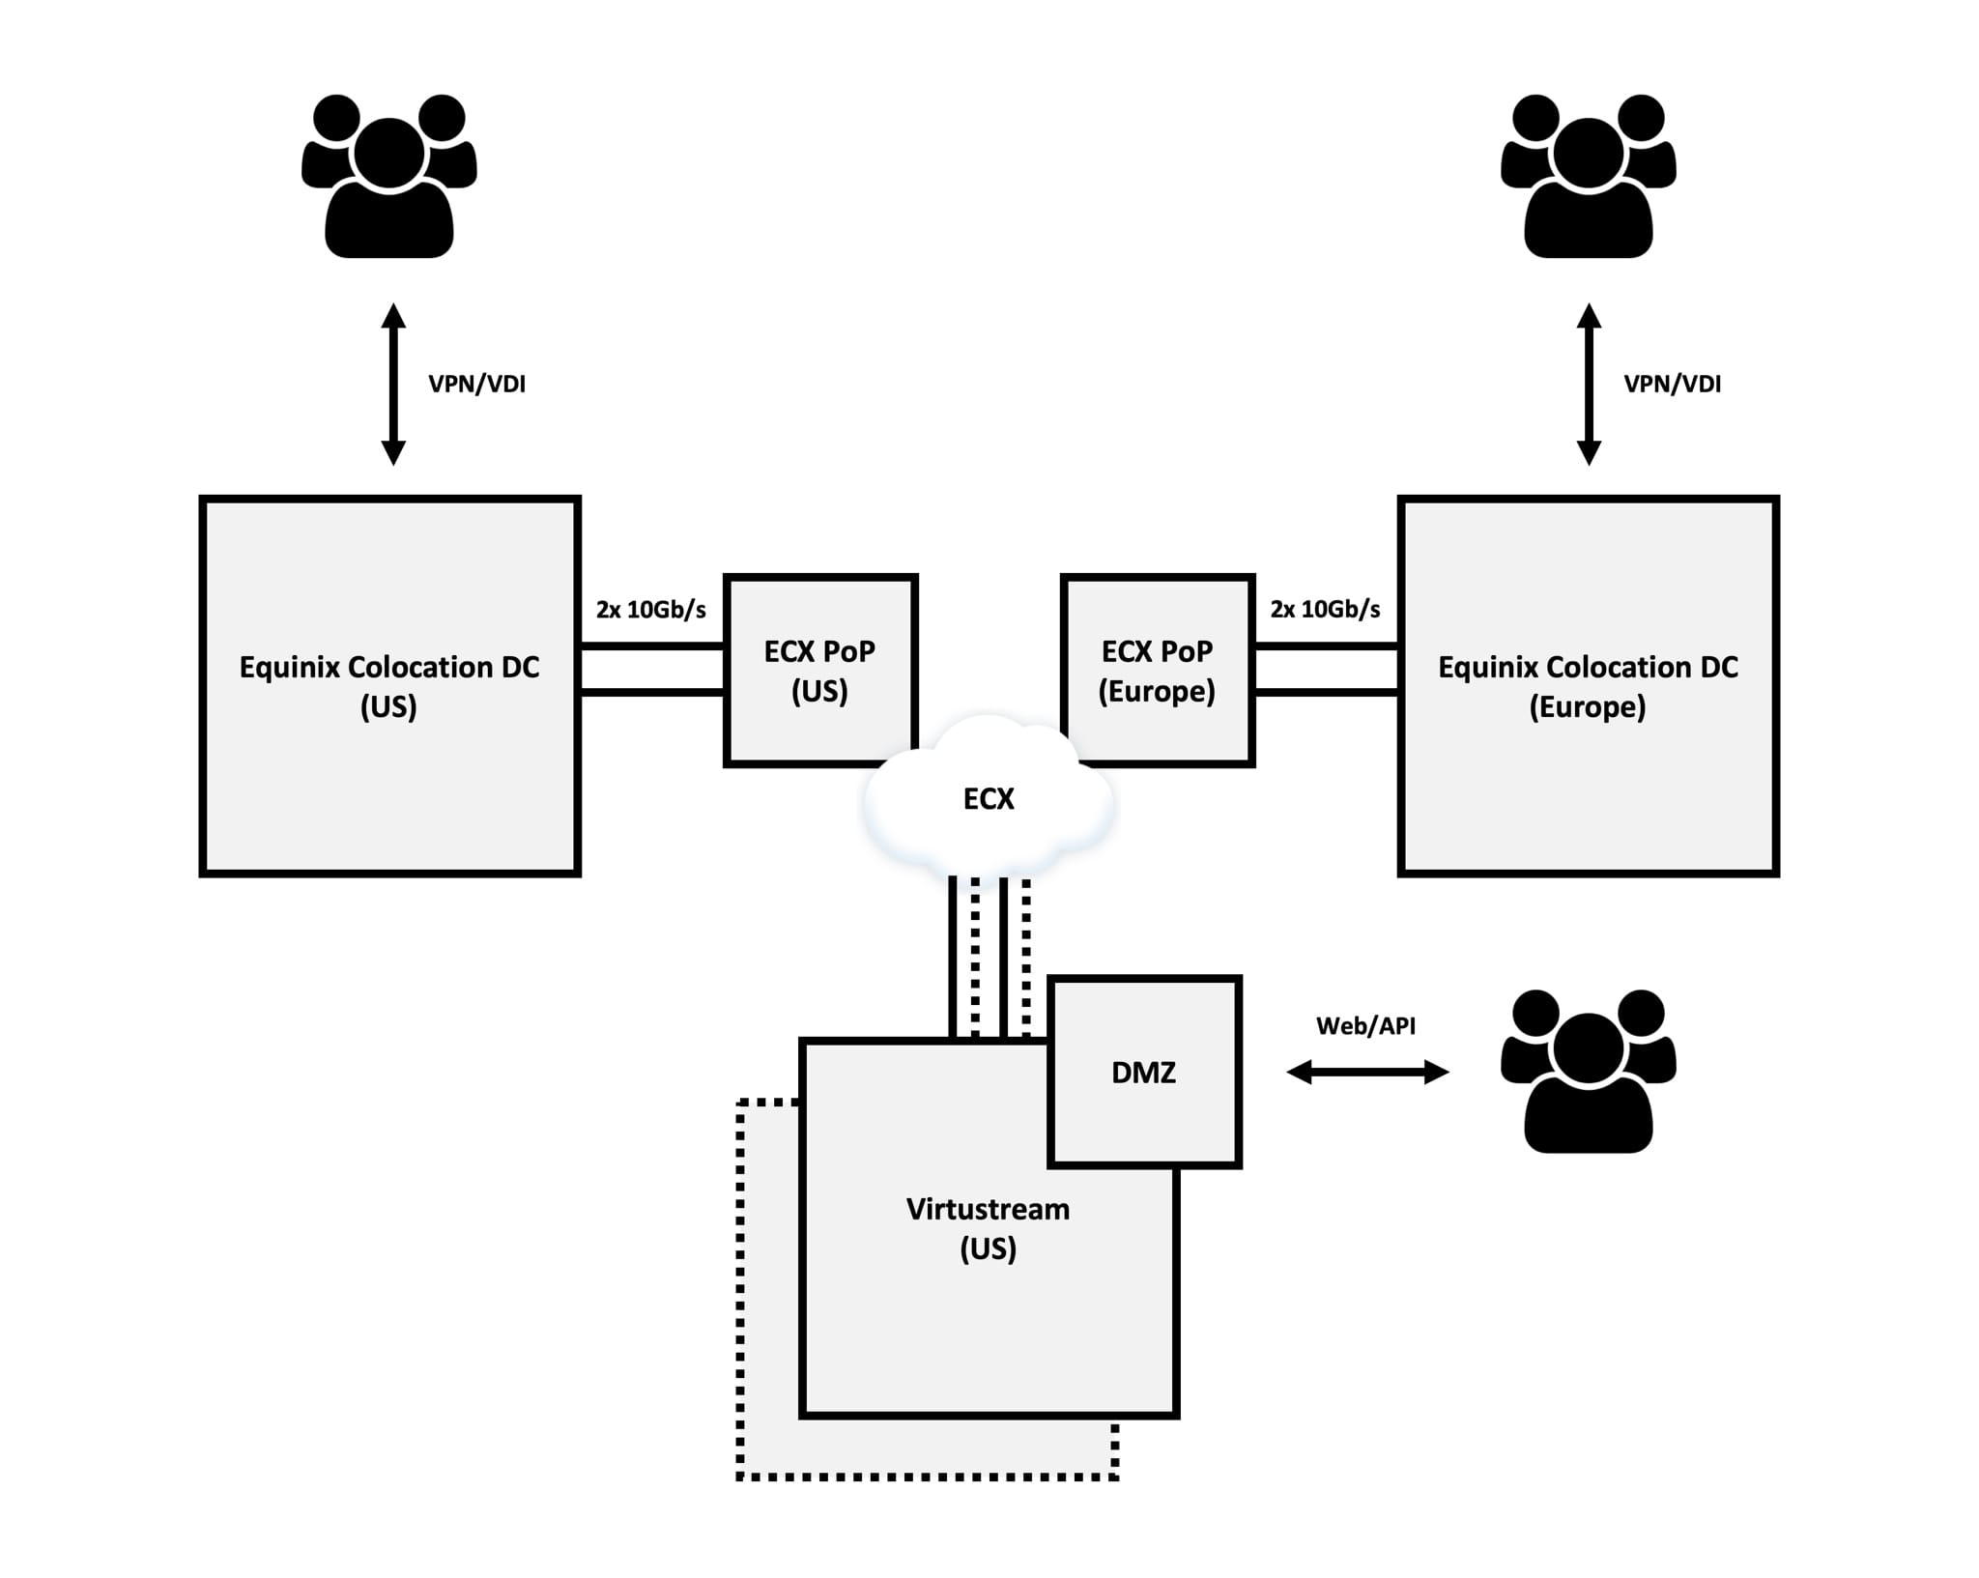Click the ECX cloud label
click(989, 799)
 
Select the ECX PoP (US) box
click(819, 671)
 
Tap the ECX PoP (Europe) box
click(1157, 671)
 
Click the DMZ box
click(1144, 1073)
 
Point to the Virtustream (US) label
click(988, 1228)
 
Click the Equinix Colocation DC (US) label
click(389, 686)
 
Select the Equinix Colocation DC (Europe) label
click(1588, 686)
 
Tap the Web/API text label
click(1365, 1026)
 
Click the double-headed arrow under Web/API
click(1367, 1072)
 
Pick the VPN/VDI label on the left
click(477, 385)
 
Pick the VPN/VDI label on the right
click(1673, 385)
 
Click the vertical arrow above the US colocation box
click(393, 385)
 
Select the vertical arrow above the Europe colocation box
click(1589, 385)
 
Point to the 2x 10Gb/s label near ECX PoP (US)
click(651, 610)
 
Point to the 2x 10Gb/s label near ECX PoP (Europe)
click(1325, 610)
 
